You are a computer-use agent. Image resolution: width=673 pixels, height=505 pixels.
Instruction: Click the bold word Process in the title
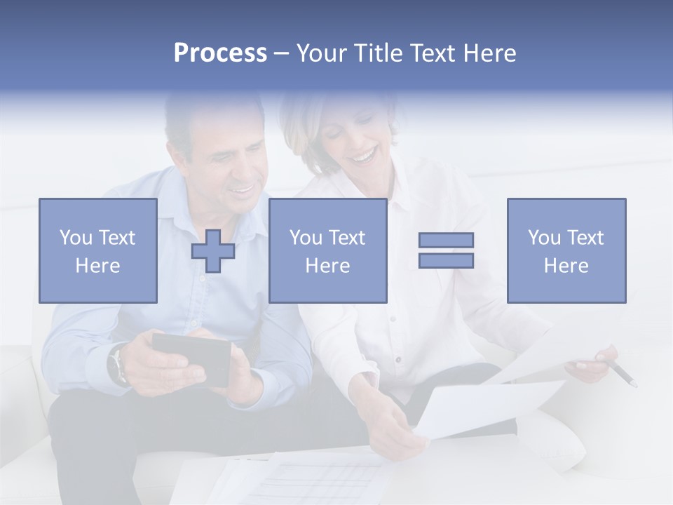(x=220, y=53)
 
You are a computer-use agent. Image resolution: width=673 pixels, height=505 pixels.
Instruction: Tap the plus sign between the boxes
(x=213, y=251)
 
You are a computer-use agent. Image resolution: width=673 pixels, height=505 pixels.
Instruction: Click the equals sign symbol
(x=446, y=250)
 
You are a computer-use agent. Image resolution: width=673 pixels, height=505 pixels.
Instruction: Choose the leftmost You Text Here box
(x=98, y=250)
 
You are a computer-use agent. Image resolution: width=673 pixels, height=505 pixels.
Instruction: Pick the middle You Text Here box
(x=327, y=250)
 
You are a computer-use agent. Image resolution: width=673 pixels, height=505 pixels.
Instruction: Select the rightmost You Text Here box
(x=566, y=250)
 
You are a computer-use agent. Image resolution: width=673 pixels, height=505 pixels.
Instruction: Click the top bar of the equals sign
(x=446, y=240)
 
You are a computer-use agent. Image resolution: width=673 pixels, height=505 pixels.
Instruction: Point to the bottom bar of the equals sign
(x=446, y=260)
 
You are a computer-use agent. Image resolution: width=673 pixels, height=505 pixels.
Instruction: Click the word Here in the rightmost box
(x=566, y=266)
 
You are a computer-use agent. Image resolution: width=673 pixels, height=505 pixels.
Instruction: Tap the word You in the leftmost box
(x=76, y=238)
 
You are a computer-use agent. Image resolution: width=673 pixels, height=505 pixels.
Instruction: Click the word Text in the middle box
(x=346, y=238)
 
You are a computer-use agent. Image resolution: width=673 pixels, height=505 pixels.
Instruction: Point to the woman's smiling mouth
(x=364, y=154)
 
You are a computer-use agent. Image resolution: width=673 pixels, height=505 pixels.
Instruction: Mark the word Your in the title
(x=322, y=53)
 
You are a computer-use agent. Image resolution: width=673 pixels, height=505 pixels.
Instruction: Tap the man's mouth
(x=243, y=188)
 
